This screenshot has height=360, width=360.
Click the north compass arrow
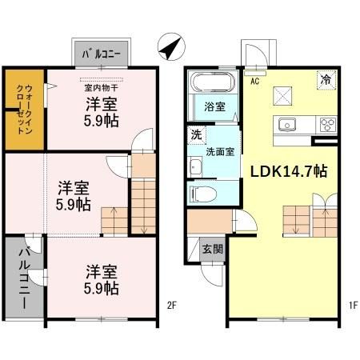click(x=170, y=48)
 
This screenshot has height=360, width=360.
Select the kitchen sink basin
click(x=287, y=124)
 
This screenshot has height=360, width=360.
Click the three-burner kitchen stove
click(x=327, y=124)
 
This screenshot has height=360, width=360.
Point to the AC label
click(x=254, y=81)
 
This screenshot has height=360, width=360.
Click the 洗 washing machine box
click(x=194, y=134)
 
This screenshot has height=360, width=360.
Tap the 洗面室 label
click(x=219, y=151)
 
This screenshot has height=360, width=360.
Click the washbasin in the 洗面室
click(x=196, y=166)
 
